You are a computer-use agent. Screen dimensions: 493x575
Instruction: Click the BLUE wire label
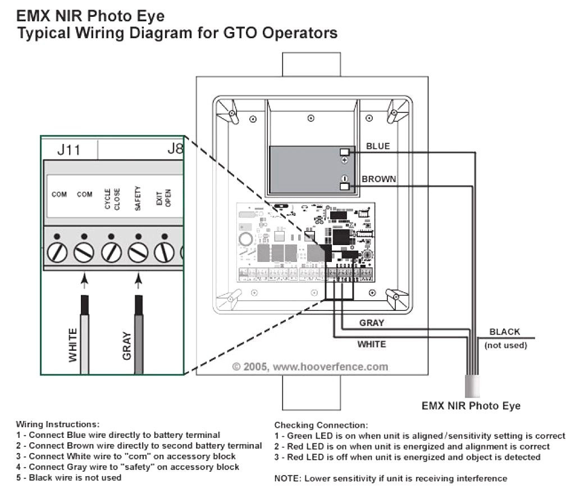click(377, 146)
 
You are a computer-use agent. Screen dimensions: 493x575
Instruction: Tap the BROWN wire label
click(378, 179)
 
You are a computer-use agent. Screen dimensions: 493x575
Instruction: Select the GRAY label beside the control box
click(372, 323)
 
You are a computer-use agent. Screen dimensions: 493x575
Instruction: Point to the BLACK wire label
click(505, 332)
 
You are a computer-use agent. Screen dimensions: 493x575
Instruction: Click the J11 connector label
click(69, 150)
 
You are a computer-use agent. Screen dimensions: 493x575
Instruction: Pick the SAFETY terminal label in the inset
click(138, 199)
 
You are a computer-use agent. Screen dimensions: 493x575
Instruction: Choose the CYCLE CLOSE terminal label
click(112, 199)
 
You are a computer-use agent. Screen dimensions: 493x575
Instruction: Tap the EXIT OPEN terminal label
click(163, 200)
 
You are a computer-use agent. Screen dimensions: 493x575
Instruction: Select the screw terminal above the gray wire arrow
click(138, 253)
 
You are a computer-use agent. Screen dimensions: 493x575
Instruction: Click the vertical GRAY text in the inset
click(126, 345)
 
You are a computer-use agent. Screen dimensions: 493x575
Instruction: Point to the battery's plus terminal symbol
click(345, 160)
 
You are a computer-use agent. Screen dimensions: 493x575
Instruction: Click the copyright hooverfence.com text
click(310, 367)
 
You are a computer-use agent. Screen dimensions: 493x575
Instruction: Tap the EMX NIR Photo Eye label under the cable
click(471, 405)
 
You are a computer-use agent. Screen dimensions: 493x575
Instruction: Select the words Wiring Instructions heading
click(57, 424)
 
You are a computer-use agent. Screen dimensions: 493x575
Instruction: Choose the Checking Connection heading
click(321, 425)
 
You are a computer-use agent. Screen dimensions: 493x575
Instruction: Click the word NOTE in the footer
click(286, 478)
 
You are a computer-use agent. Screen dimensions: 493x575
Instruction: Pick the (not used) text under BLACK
click(505, 345)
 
